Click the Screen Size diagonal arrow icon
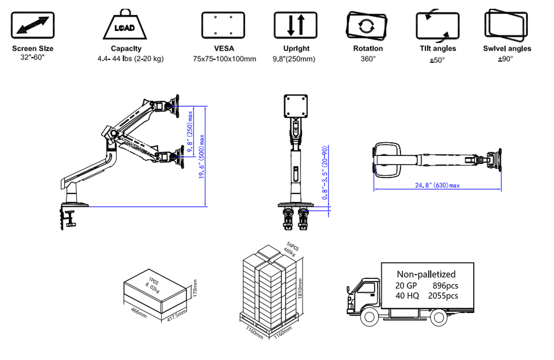[x=32, y=26]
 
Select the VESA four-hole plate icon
[x=223, y=25]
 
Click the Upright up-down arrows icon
[x=296, y=25]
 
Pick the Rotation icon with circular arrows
[x=365, y=25]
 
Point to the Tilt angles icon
[x=437, y=25]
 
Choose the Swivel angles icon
[x=506, y=26]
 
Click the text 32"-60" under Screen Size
[x=32, y=59]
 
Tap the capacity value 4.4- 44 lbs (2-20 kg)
[x=131, y=59]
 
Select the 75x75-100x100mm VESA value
[x=224, y=59]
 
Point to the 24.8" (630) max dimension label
[x=437, y=185]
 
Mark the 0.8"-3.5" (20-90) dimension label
[x=325, y=173]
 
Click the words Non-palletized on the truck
[x=426, y=274]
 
